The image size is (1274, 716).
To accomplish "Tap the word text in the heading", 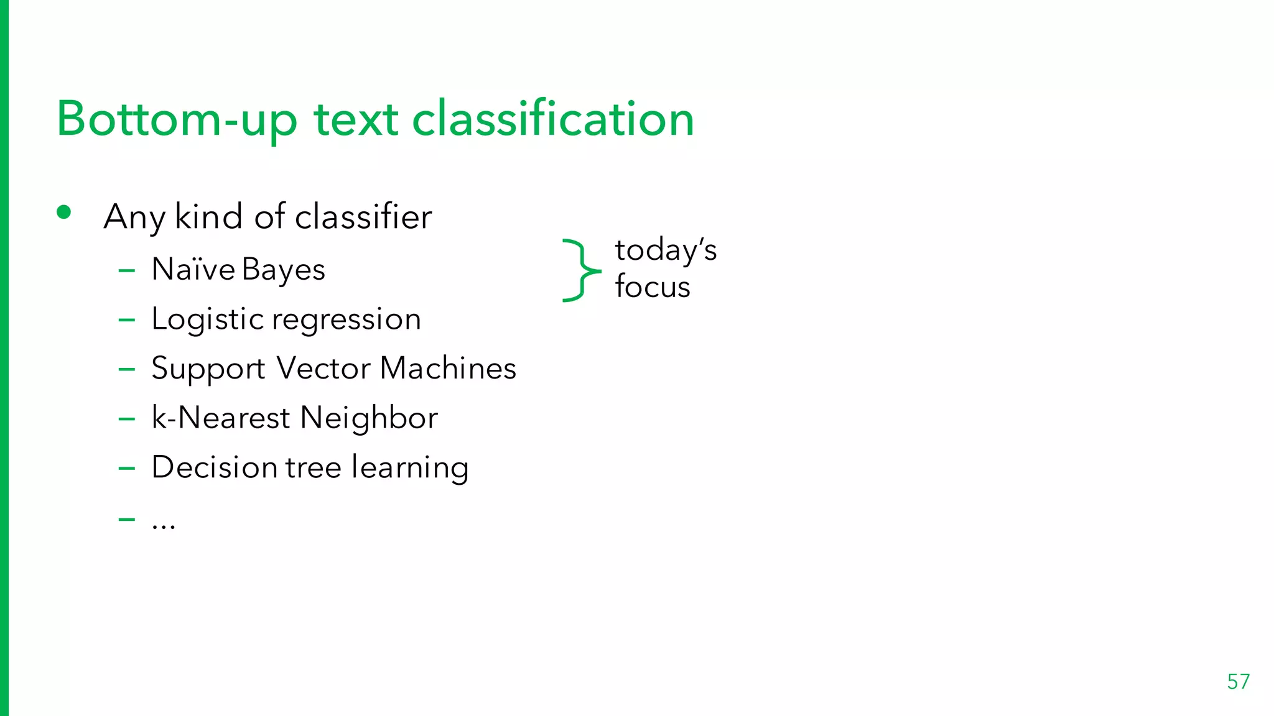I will click(356, 119).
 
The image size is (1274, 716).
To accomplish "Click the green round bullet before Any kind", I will click(63, 213).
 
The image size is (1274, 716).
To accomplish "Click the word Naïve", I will click(193, 269).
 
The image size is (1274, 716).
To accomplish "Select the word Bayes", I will click(284, 270).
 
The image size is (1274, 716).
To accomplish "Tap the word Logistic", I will click(208, 320).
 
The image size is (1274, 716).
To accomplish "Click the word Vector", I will click(323, 368).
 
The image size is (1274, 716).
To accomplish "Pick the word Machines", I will click(448, 368).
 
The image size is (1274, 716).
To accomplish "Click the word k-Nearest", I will click(220, 417).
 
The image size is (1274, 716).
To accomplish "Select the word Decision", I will click(214, 467).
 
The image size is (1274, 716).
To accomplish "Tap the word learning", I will click(409, 468).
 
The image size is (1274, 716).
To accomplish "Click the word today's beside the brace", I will click(666, 250).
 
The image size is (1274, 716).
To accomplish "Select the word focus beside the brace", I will click(653, 287).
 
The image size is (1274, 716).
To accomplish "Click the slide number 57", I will click(1238, 682).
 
